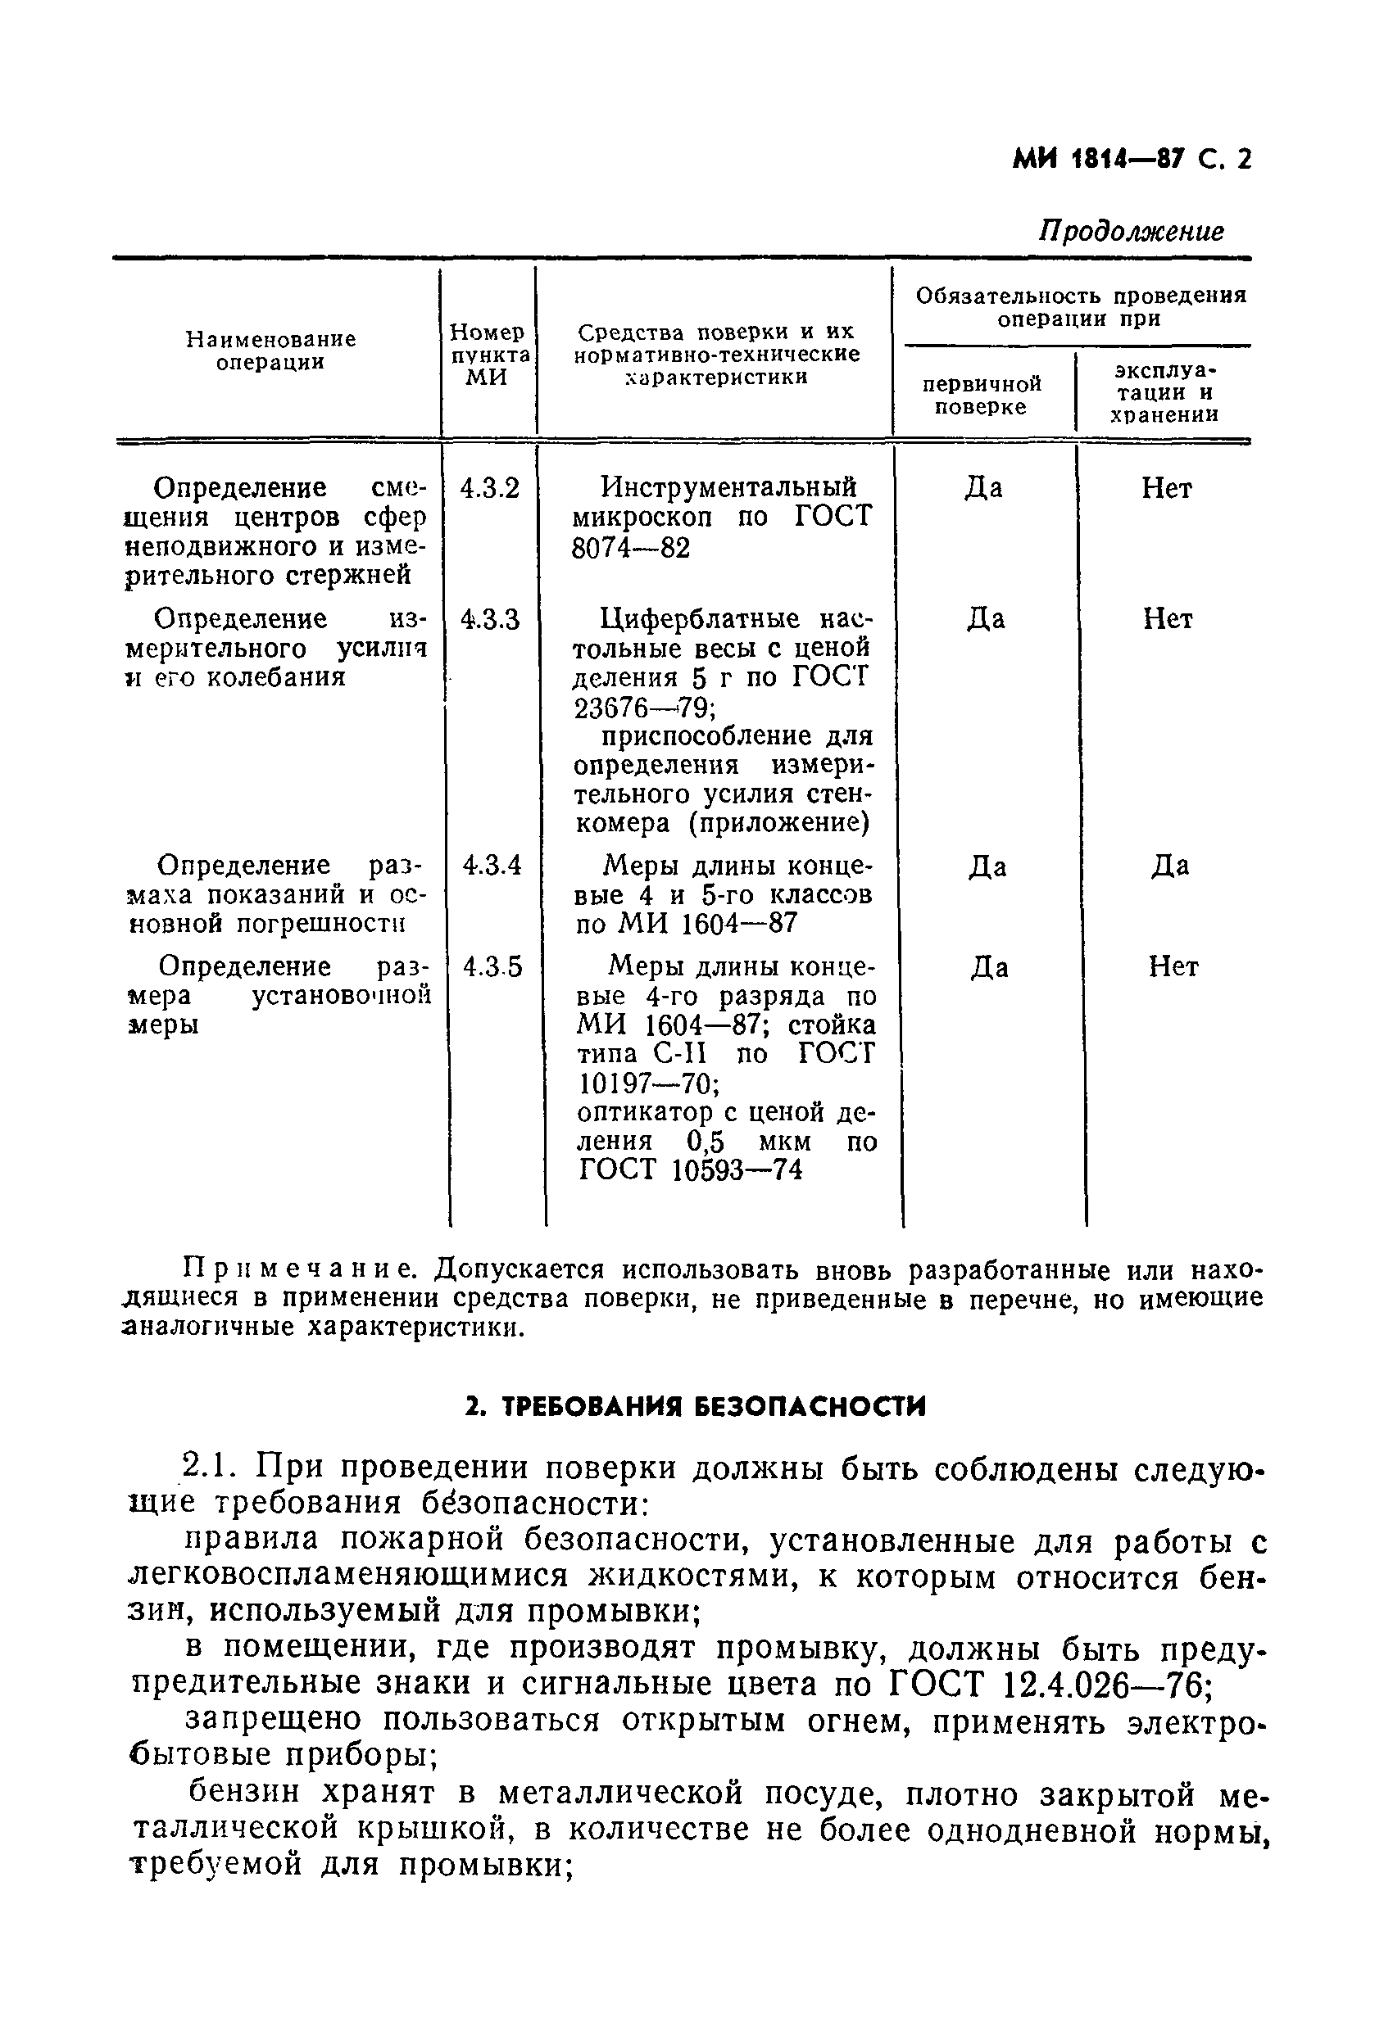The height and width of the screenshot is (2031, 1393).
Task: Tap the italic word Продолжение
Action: (x=1131, y=231)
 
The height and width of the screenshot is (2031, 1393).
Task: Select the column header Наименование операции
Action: (x=270, y=351)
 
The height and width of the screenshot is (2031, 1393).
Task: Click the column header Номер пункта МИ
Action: (x=488, y=355)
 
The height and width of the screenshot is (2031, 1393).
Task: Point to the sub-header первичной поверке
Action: (x=981, y=395)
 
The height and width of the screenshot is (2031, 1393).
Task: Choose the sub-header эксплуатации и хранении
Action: (x=1164, y=392)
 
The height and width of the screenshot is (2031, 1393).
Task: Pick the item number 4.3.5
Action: (x=492, y=966)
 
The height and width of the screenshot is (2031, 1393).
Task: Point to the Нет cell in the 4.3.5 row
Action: (x=1173, y=966)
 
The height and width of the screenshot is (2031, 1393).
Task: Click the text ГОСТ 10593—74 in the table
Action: (x=690, y=1170)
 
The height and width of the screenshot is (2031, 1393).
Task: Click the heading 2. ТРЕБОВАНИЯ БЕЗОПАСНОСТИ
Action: (x=695, y=1406)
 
